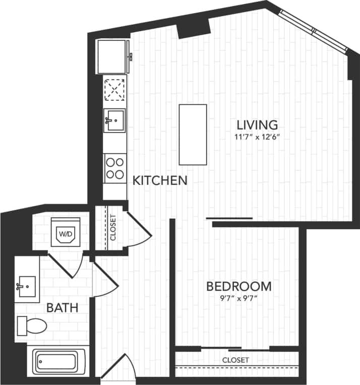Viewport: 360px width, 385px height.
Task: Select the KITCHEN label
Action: (x=160, y=180)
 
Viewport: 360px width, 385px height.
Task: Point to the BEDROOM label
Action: (x=239, y=287)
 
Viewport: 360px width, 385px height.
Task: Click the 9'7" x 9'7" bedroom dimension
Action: (x=239, y=298)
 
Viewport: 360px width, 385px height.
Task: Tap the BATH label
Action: (x=63, y=307)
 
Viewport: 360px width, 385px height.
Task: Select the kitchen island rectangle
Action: (x=193, y=134)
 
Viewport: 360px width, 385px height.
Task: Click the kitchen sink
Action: (x=115, y=120)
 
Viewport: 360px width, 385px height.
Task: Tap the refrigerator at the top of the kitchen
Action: (x=112, y=56)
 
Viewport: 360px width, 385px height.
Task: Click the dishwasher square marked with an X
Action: (x=115, y=91)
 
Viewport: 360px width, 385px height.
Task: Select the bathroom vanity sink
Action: (x=26, y=286)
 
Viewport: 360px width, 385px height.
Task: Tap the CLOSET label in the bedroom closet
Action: (x=235, y=360)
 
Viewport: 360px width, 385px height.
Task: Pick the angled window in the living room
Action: (x=314, y=30)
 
